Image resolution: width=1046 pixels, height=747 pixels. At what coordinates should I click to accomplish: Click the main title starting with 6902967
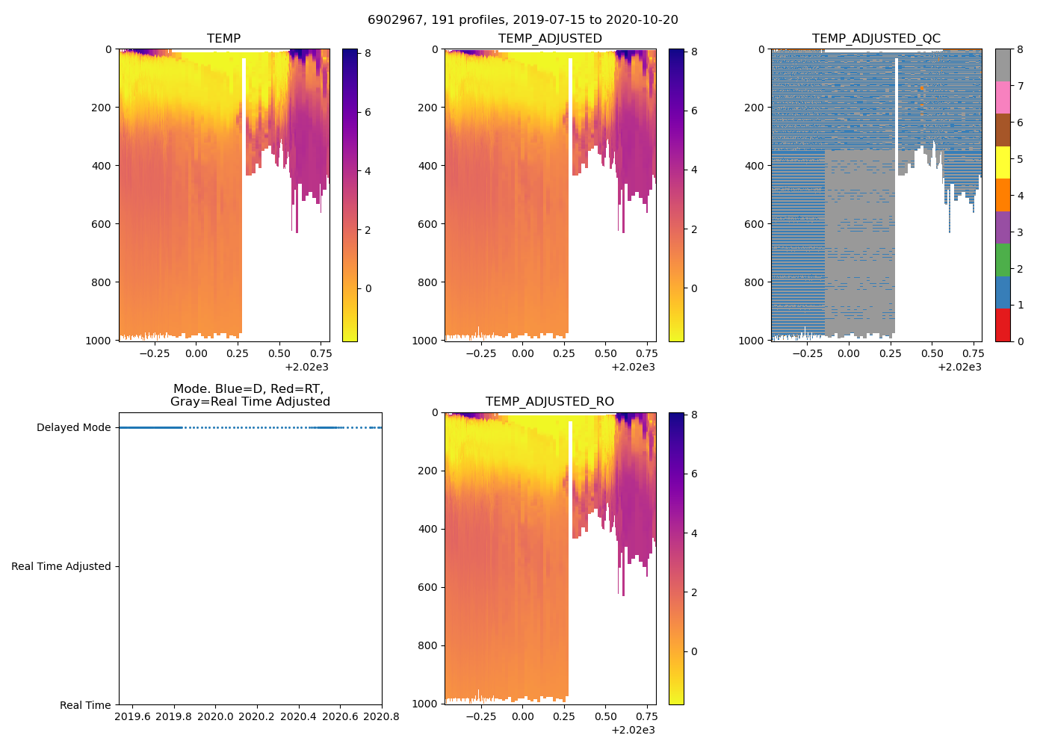tap(522, 20)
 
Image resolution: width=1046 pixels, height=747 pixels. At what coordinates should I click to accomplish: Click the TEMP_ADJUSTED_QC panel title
tap(876, 39)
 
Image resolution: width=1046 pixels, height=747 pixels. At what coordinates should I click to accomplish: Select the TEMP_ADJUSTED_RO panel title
tap(549, 402)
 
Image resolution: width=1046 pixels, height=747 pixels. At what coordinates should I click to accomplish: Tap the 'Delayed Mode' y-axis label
tap(73, 428)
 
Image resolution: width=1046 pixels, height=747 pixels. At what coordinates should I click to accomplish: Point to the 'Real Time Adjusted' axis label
tap(61, 567)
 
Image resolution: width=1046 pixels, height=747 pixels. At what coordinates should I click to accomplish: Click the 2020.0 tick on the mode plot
tap(215, 717)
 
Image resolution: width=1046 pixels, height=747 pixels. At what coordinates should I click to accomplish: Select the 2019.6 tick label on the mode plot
tap(132, 717)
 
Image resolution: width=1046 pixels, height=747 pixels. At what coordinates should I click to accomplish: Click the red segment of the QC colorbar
tap(1003, 325)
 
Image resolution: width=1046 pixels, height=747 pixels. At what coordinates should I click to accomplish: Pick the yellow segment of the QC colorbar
tap(1003, 162)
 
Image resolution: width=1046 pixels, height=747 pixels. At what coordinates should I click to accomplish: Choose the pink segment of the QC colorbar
tap(1003, 97)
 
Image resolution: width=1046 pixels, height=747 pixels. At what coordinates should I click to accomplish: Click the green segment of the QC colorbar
tap(1003, 260)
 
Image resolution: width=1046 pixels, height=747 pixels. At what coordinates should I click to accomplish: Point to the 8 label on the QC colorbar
tap(1021, 50)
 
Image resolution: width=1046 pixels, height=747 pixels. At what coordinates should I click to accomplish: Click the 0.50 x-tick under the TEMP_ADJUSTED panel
tap(605, 353)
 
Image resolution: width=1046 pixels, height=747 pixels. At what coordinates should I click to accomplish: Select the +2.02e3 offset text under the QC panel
tap(959, 367)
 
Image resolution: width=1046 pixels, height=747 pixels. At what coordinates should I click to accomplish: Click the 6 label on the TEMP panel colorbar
tap(368, 113)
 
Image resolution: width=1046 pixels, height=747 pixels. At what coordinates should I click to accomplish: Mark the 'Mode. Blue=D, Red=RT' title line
tap(250, 389)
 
